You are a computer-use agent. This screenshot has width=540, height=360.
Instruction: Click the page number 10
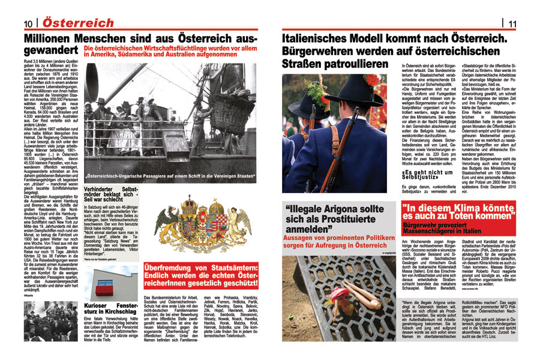[28, 23]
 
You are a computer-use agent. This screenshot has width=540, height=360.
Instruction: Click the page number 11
[512, 23]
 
